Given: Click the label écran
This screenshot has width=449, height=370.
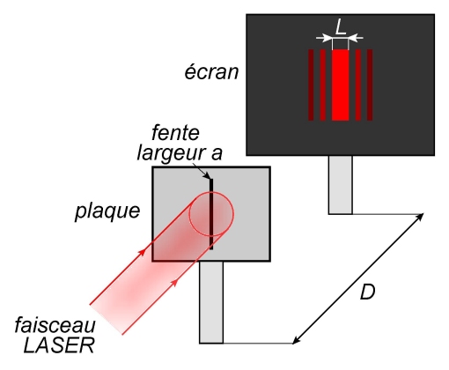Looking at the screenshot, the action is tap(211, 71).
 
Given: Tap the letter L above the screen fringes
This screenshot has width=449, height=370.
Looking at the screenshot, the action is tap(340, 27).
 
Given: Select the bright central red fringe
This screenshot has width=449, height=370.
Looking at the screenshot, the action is tap(341, 85).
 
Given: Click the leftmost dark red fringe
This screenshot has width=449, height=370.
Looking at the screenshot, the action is tap(311, 85).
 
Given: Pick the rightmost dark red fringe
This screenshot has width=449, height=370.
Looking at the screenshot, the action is tap(370, 85).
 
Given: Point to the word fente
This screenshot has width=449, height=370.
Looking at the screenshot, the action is tap(175, 133).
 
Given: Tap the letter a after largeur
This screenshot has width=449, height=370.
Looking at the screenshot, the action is tap(217, 154).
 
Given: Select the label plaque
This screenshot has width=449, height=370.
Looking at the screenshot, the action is tap(107, 211).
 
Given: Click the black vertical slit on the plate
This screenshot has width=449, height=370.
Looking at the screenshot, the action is tap(211, 214).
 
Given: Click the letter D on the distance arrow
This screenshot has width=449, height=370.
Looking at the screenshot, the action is tap(367, 292).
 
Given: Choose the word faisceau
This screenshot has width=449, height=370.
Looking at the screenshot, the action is tap(55, 325).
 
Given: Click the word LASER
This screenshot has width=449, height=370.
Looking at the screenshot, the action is tap(59, 345).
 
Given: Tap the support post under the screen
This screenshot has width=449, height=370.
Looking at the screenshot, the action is tap(341, 185).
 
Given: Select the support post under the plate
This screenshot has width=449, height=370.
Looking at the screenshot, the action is tap(211, 302).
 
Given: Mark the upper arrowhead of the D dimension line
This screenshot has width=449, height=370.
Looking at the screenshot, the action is tap(420, 217).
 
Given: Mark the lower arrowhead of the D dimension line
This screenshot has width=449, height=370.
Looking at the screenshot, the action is tap(297, 340).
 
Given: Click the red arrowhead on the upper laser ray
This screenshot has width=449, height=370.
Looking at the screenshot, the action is tap(142, 252).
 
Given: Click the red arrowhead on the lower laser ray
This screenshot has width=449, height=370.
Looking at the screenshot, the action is tap(174, 282).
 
